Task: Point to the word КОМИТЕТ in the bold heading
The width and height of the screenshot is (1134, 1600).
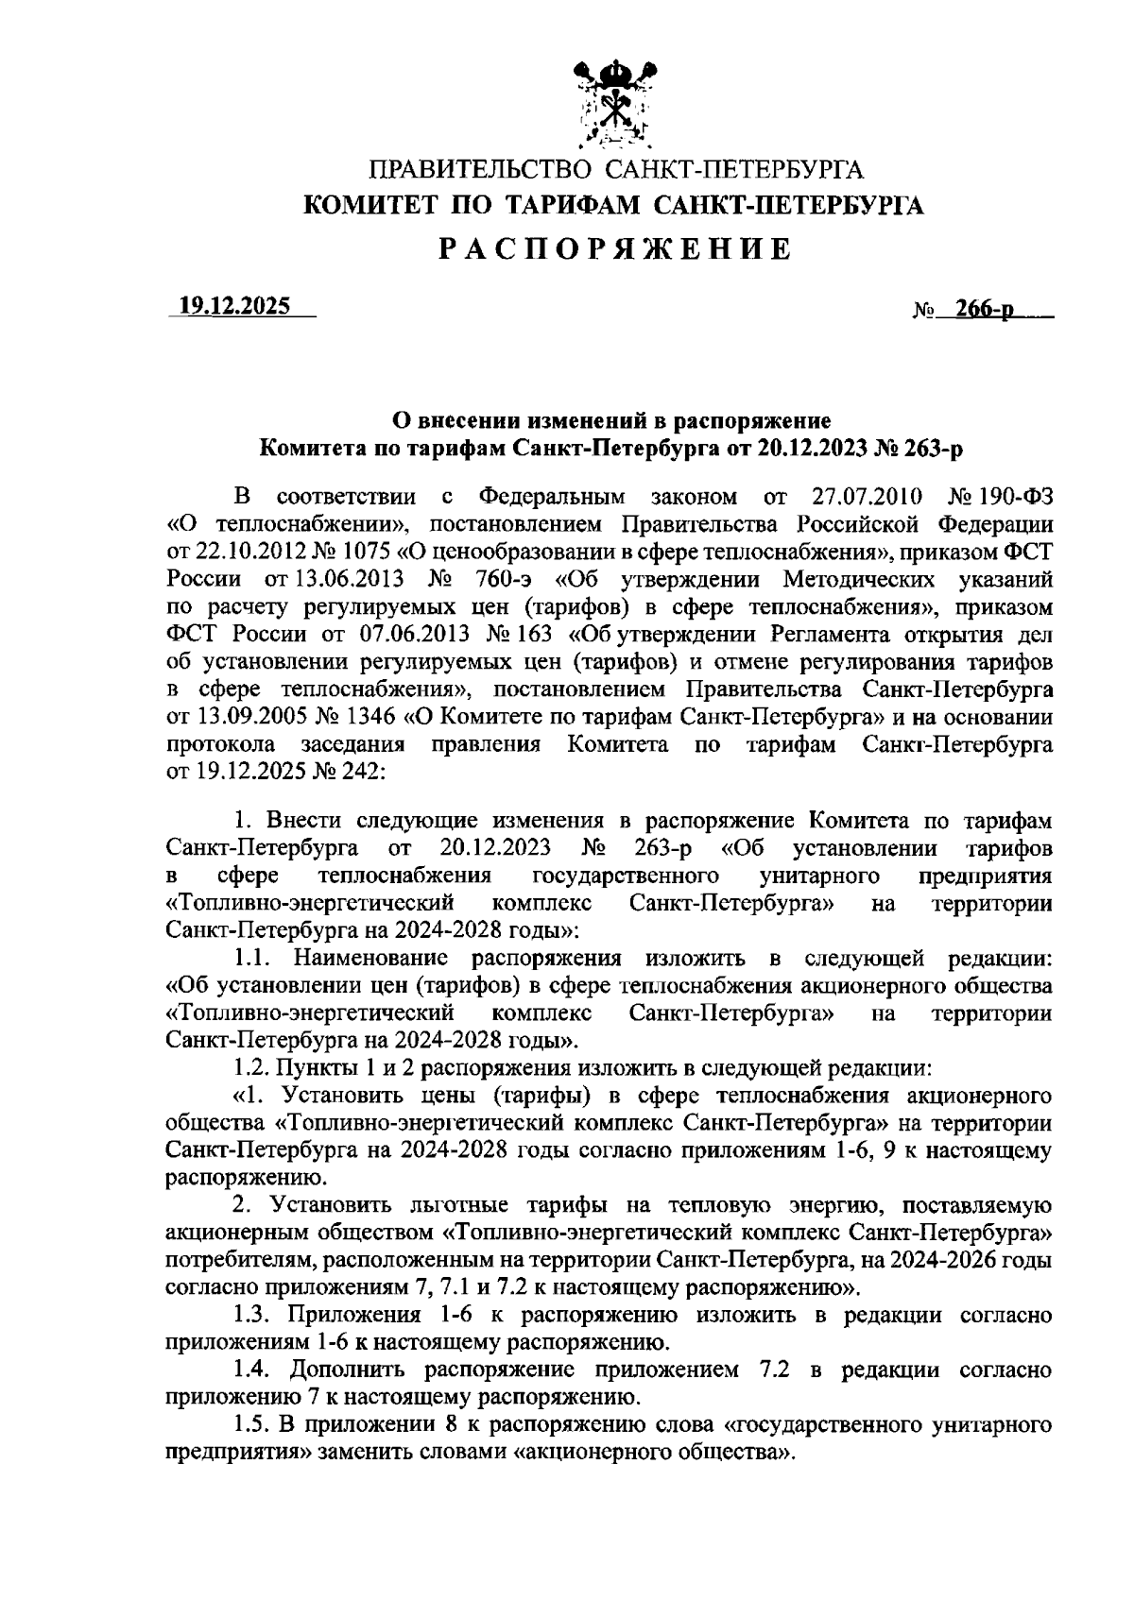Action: click(369, 205)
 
